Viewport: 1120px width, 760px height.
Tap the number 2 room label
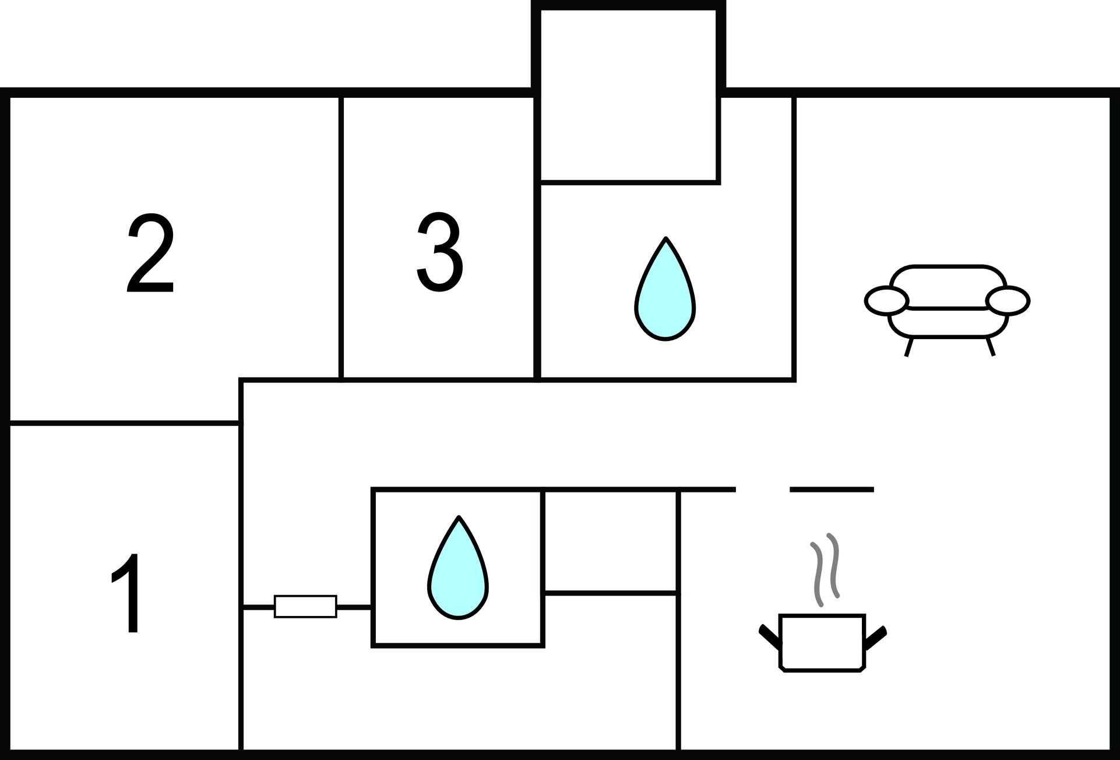pos(150,254)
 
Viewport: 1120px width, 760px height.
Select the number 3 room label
pos(440,252)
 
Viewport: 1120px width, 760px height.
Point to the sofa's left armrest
pos(886,301)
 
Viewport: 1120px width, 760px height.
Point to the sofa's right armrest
pos(1008,301)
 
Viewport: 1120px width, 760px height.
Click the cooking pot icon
pos(822,642)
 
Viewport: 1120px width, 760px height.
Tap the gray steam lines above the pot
pos(825,569)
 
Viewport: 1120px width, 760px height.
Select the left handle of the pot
pos(770,637)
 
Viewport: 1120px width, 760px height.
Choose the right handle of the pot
pos(876,637)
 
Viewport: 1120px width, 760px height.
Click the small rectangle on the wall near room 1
pos(305,606)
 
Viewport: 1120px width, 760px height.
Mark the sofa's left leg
pos(908,347)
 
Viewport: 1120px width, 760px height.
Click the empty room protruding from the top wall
pos(629,96)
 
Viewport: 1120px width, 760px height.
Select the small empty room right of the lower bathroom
pos(610,541)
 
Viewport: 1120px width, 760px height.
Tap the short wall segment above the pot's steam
pos(832,490)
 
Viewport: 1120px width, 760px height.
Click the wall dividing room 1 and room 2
pos(124,422)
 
